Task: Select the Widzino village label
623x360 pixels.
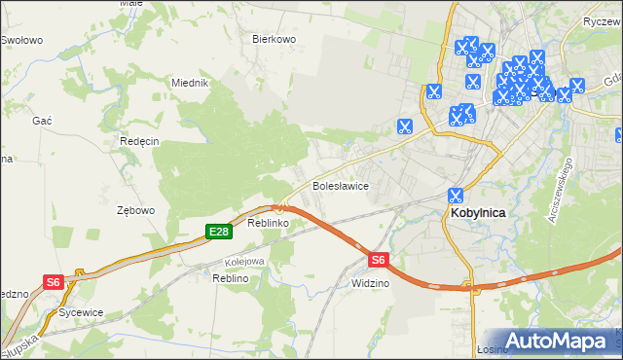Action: [x=369, y=283]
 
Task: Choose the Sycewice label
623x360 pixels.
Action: [x=81, y=313]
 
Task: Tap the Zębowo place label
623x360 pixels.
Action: [x=135, y=210]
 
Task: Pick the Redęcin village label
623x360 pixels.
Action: [x=138, y=141]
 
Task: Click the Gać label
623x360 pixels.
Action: [x=42, y=119]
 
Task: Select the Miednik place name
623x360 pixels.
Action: [x=191, y=84]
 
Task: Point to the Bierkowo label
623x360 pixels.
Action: [x=274, y=39]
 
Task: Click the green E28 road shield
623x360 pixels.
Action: [x=218, y=231]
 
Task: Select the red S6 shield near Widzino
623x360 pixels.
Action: [x=379, y=260]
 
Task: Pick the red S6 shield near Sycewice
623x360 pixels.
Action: [x=54, y=282]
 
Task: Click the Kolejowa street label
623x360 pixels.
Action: [x=244, y=262]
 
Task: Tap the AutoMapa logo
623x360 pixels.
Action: [x=557, y=341]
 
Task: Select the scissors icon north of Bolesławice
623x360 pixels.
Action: [x=404, y=126]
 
